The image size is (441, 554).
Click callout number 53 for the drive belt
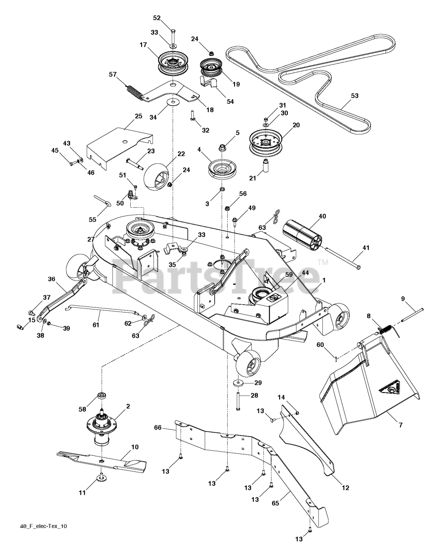pos(354,96)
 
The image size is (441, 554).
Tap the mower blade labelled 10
pos(104,460)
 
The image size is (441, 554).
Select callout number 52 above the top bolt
pos(157,18)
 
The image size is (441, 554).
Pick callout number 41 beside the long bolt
pos(366,248)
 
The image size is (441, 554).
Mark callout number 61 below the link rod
pos(96,325)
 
